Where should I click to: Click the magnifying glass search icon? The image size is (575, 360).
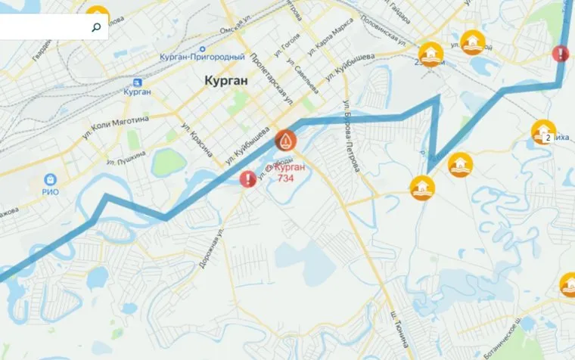(96, 28)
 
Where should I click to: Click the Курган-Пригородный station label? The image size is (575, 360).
(202, 57)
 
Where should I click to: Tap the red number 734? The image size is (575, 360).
(286, 178)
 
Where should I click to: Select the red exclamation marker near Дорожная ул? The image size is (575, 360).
(247, 179)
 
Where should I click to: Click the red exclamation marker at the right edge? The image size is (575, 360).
(560, 54)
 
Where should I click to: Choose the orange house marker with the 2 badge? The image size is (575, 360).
(543, 132)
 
